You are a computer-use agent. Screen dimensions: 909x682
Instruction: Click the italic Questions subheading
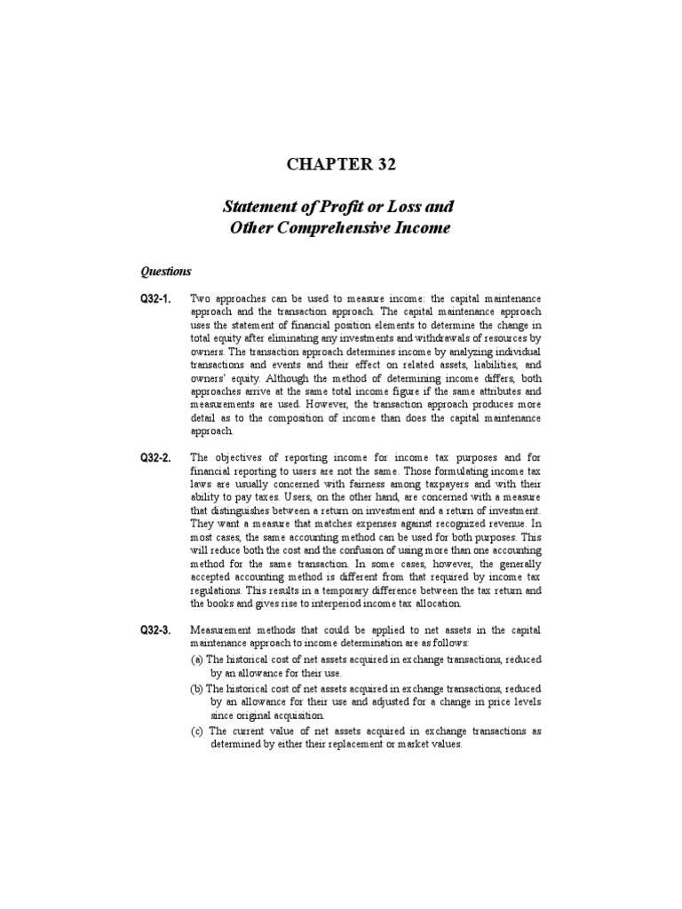click(x=167, y=272)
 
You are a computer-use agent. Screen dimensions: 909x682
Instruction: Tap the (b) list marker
click(x=197, y=689)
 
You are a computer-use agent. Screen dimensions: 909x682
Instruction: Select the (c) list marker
click(x=197, y=731)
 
